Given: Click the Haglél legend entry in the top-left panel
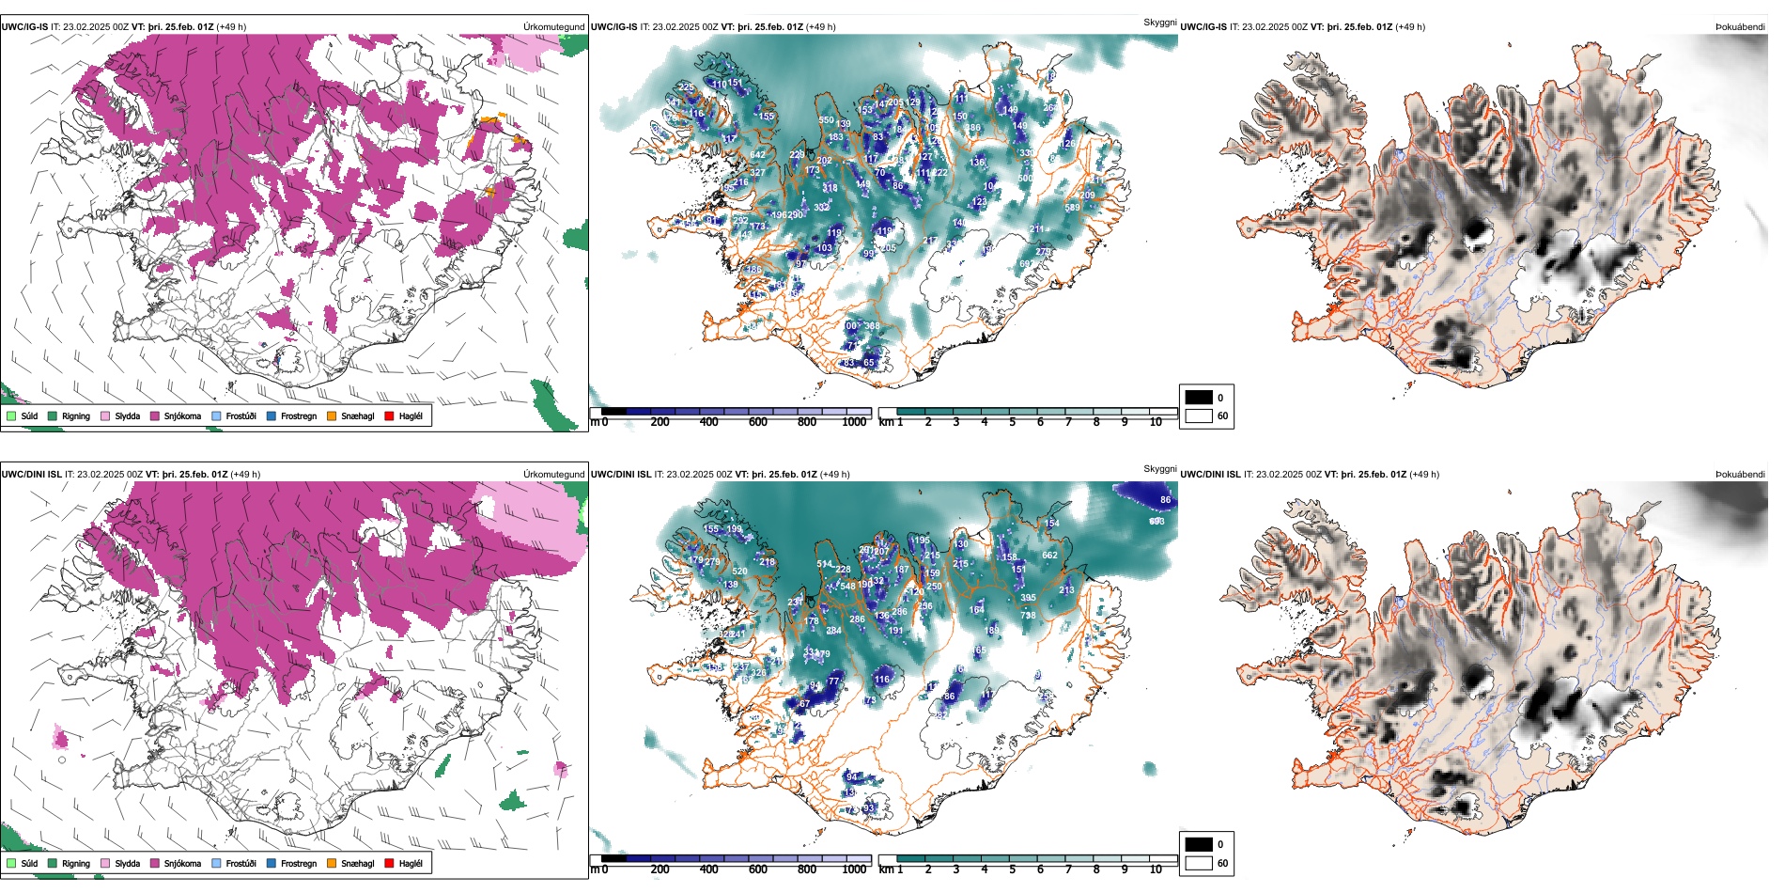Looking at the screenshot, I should click(x=405, y=415).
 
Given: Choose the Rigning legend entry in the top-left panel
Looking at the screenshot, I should click(x=70, y=415).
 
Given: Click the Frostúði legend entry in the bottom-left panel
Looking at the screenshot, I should click(x=234, y=863).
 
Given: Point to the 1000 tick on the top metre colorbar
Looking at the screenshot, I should click(x=854, y=422).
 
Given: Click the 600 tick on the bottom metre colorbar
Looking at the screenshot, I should click(x=757, y=869).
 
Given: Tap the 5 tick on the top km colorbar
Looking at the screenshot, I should click(x=1012, y=422).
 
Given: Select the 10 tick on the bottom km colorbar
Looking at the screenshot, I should click(x=1156, y=869).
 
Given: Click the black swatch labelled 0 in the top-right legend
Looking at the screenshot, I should click(x=1199, y=398).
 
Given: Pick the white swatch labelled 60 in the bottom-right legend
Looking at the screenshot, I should click(x=1199, y=863).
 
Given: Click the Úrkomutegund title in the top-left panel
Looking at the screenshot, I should click(x=553, y=27).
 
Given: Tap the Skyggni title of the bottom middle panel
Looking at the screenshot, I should click(x=1159, y=469).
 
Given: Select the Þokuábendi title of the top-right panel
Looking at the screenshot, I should click(x=1740, y=27).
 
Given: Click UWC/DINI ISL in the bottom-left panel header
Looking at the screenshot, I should click(x=31, y=475).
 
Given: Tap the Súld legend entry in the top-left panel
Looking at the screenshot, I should click(x=23, y=415).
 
